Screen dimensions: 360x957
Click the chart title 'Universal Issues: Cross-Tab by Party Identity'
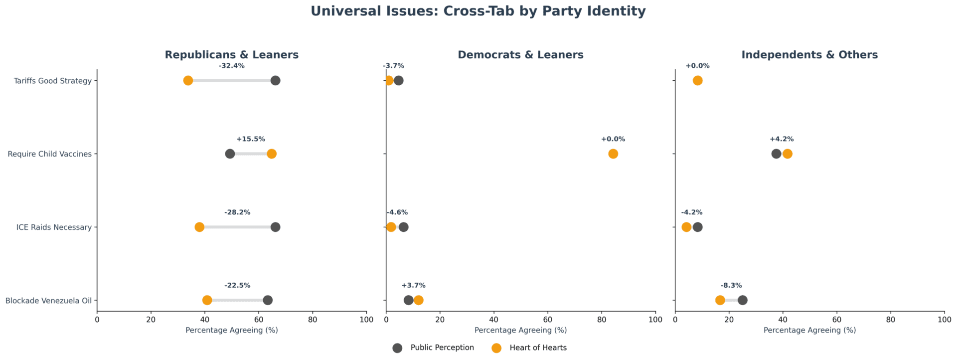click(478, 11)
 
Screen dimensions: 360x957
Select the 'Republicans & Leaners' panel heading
click(232, 55)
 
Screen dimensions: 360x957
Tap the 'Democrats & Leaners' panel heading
click(520, 55)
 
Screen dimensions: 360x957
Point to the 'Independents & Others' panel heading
click(809, 55)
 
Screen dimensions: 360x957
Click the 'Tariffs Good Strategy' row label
click(52, 81)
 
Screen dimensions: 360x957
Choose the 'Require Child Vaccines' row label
click(49, 154)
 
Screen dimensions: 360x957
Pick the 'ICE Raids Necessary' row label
click(54, 227)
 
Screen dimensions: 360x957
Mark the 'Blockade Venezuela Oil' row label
click(48, 301)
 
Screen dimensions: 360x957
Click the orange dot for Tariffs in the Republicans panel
click(188, 81)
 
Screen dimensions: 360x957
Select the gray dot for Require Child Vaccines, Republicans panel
click(230, 154)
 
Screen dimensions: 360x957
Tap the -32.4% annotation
click(232, 66)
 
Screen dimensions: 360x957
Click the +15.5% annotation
click(251, 139)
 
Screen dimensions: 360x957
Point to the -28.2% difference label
click(237, 212)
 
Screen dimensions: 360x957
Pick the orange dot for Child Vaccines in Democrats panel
click(613, 154)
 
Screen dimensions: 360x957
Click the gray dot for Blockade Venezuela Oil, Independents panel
click(742, 300)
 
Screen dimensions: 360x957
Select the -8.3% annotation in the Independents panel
click(731, 286)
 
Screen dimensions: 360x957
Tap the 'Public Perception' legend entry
click(433, 348)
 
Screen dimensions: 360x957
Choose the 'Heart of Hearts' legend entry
click(530, 348)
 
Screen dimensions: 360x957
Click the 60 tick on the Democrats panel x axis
click(548, 320)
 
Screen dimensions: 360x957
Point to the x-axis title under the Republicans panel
click(232, 330)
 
